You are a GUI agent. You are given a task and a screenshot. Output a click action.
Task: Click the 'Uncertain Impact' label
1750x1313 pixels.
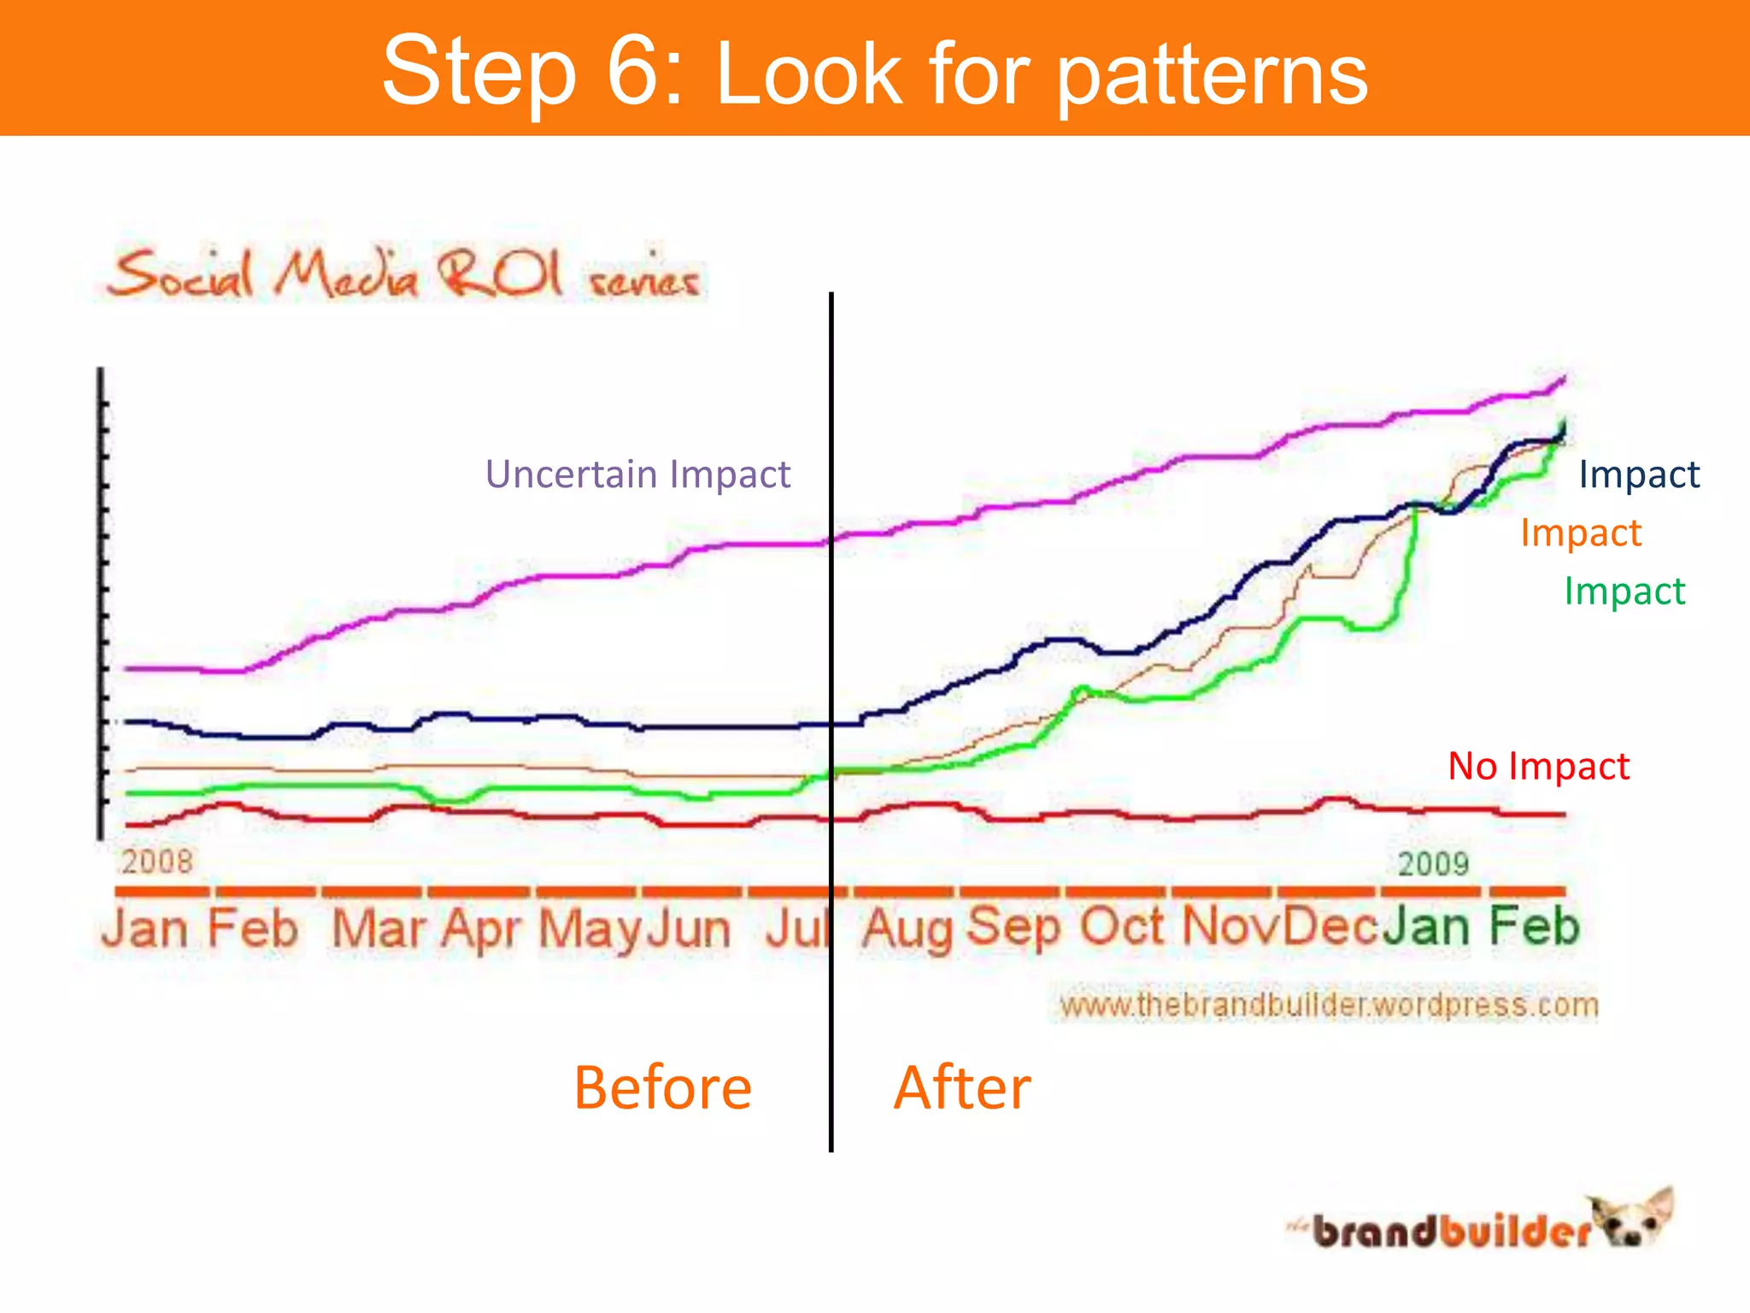click(637, 474)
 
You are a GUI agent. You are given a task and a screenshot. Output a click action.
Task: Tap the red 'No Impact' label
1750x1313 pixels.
click(1538, 766)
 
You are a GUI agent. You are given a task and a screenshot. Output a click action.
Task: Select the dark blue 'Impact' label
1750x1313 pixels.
click(1638, 474)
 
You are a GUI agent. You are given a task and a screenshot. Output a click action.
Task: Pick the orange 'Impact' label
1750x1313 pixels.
click(1580, 533)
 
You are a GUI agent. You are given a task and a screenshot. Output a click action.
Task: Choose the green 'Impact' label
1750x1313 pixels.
click(1624, 592)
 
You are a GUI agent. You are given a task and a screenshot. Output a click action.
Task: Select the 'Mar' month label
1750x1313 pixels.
click(377, 928)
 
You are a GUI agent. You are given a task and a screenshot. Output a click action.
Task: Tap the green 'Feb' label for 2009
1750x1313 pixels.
click(1534, 927)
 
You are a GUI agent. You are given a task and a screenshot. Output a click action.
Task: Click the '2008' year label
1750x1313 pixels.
click(156, 861)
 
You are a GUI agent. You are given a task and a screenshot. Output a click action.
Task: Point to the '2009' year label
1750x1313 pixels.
click(1433, 863)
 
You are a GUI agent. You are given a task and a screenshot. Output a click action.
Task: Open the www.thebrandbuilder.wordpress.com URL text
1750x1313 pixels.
click(1328, 1004)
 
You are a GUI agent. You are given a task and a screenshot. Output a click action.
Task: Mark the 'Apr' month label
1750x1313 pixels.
click(481, 928)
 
